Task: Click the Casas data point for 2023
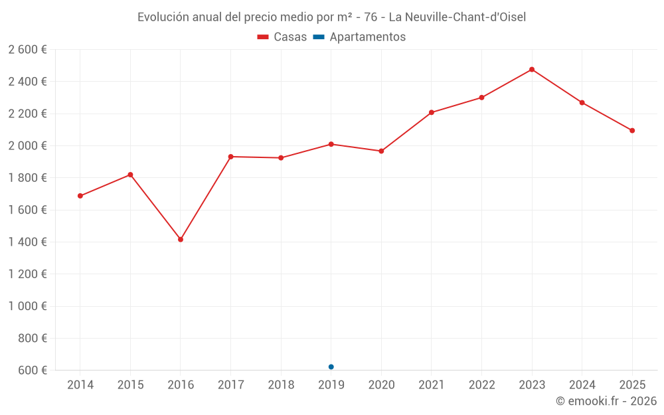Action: (x=532, y=70)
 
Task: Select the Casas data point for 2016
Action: (x=181, y=240)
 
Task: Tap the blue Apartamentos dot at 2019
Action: (x=331, y=367)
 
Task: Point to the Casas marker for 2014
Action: (x=80, y=196)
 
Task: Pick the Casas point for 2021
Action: (x=432, y=113)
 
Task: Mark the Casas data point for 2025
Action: (x=632, y=131)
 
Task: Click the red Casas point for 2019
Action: (x=331, y=144)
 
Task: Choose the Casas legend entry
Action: (x=282, y=37)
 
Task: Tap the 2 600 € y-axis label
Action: (x=28, y=50)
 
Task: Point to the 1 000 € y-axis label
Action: (x=28, y=306)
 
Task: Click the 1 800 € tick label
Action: (x=28, y=178)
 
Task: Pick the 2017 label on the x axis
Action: (x=230, y=385)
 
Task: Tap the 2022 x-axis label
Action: (x=481, y=385)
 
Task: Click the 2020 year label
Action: (x=381, y=385)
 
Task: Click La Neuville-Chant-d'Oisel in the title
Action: (x=457, y=17)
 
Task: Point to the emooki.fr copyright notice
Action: (x=606, y=401)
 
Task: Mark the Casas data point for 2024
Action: (x=582, y=103)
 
